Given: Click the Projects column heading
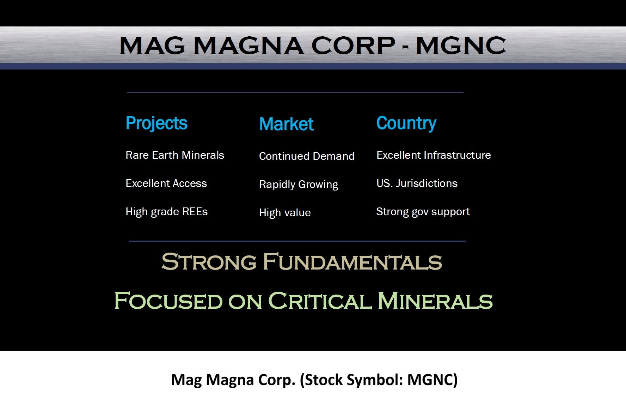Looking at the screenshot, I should click(x=156, y=123).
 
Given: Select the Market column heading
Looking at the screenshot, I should click(x=286, y=124).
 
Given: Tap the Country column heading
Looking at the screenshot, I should click(x=406, y=123).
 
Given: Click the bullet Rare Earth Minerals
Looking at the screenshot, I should click(x=175, y=155).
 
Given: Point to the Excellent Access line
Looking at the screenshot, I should click(x=166, y=183).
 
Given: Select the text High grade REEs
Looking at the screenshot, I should click(x=166, y=212).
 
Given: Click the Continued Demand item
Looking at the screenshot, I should click(x=307, y=156).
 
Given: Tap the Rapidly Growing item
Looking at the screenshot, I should click(x=299, y=185).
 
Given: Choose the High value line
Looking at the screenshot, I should click(x=285, y=213).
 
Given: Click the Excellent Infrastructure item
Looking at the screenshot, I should click(x=434, y=155).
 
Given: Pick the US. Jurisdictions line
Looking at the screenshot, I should click(x=417, y=183).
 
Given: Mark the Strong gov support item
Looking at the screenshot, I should click(x=423, y=212).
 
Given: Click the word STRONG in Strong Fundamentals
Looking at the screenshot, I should click(x=209, y=262).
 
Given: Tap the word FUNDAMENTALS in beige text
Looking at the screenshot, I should click(x=352, y=262).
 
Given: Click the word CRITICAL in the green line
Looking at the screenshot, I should click(x=320, y=301).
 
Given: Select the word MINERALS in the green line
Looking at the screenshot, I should click(x=435, y=301).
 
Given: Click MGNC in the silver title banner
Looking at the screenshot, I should click(x=461, y=46).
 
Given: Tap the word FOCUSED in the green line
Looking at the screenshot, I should click(x=168, y=301).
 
